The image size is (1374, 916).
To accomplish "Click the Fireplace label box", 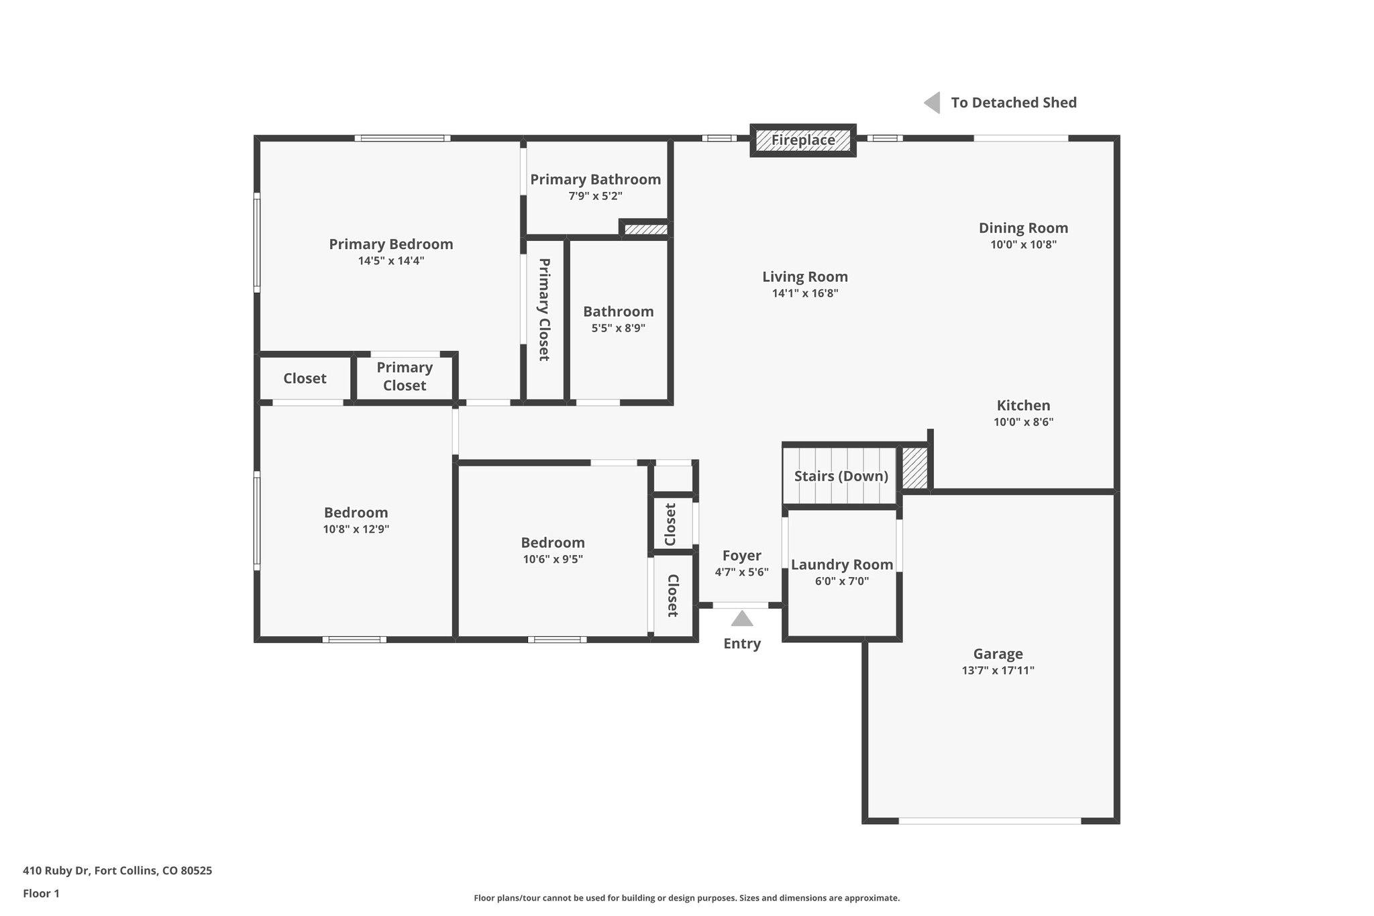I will pyautogui.click(x=802, y=140).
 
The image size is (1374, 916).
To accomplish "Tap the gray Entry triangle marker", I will pyautogui.click(x=741, y=618).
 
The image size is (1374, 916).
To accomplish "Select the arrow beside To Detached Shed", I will pyautogui.click(x=932, y=103).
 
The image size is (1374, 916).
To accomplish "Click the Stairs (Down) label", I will pyautogui.click(x=841, y=476).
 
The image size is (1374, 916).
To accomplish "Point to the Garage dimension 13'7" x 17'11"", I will pyautogui.click(x=998, y=670).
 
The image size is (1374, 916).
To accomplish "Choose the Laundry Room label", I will pyautogui.click(x=841, y=564).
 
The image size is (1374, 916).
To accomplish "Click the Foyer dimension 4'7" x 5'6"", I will pyautogui.click(x=741, y=572).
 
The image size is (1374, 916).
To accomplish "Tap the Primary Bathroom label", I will pyautogui.click(x=595, y=179).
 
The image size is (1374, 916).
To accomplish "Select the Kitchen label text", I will pyautogui.click(x=1023, y=405).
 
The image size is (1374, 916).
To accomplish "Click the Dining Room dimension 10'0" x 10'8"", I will pyautogui.click(x=1023, y=245).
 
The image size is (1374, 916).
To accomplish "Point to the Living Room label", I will pyautogui.click(x=804, y=276).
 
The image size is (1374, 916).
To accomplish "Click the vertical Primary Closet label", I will pyautogui.click(x=544, y=309).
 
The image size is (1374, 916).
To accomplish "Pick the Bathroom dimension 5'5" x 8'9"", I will pyautogui.click(x=618, y=328).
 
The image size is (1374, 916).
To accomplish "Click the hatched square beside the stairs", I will pyautogui.click(x=914, y=468).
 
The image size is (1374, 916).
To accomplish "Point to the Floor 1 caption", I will pyautogui.click(x=41, y=893).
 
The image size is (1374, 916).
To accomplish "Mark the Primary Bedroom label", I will pyautogui.click(x=390, y=244).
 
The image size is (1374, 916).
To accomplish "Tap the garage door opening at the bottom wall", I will pyautogui.click(x=990, y=821).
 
